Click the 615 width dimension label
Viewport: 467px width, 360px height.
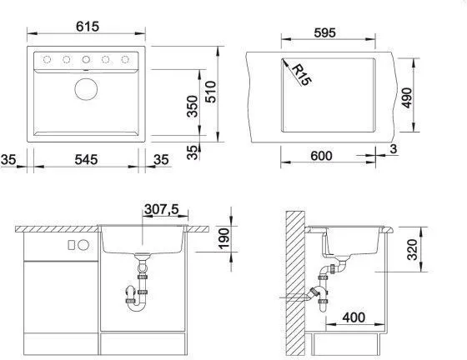[x=88, y=27]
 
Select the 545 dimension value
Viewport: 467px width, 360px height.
[x=86, y=159]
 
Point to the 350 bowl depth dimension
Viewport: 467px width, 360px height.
[x=193, y=106]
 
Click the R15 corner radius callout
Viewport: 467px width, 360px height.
[x=301, y=75]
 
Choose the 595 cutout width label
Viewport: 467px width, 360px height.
[x=324, y=32]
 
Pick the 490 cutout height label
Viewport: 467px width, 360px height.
[x=407, y=97]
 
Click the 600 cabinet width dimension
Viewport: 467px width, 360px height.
[x=321, y=156]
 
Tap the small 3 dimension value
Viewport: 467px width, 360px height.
[x=394, y=149]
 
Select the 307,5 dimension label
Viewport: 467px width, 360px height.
[x=162, y=209]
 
